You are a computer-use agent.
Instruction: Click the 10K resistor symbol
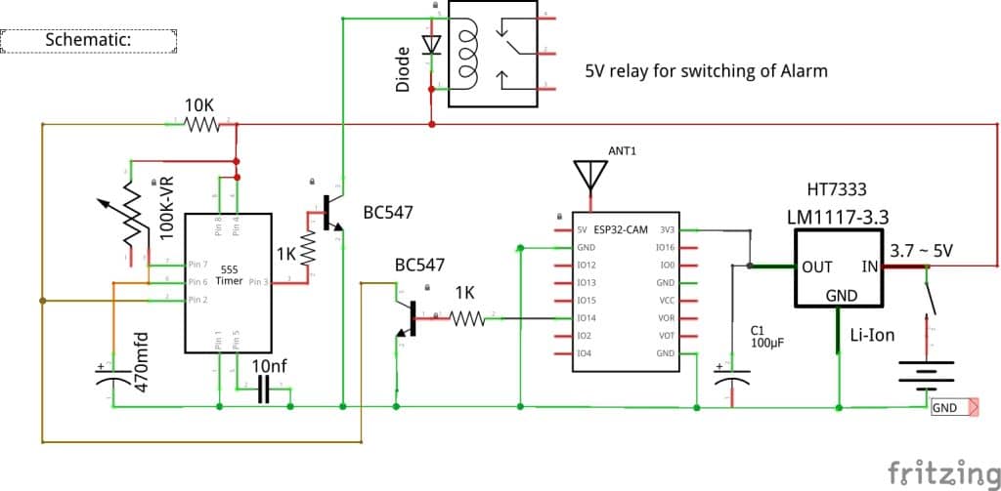(203, 124)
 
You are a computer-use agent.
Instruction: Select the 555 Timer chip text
(229, 274)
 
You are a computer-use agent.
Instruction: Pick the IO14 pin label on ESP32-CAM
(587, 318)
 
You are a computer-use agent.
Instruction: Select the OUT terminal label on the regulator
(817, 266)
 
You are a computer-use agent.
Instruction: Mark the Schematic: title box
(88, 40)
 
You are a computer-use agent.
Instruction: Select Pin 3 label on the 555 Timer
(259, 282)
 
